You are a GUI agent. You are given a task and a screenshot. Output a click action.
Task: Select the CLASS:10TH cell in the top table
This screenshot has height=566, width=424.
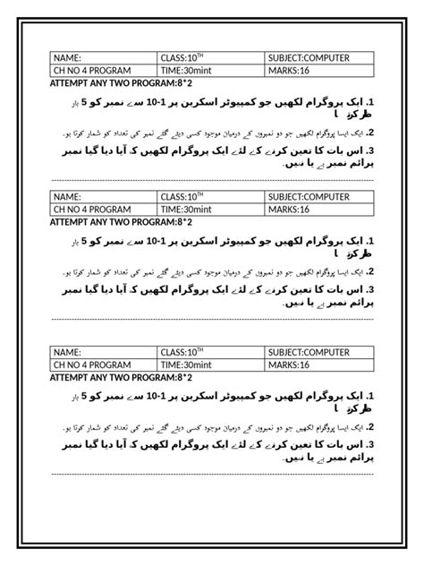(x=210, y=58)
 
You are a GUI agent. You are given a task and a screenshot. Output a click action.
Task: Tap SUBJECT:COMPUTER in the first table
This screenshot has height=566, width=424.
(x=318, y=58)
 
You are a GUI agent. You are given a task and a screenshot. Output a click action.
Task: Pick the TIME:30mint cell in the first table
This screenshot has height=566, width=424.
(x=210, y=71)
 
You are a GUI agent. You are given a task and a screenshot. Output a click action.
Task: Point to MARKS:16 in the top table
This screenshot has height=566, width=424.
(x=318, y=71)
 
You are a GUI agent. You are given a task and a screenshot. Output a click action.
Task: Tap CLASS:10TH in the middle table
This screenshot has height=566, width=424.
(x=210, y=197)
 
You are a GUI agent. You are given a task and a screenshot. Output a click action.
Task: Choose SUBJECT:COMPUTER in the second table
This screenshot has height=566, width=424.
(x=318, y=197)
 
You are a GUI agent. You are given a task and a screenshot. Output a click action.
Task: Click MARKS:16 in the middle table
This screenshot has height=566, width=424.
(x=318, y=210)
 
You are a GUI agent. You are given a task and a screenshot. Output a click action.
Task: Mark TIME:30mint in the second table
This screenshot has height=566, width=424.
(x=210, y=210)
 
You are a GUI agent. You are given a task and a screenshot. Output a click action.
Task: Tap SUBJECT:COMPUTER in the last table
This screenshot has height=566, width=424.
(x=318, y=353)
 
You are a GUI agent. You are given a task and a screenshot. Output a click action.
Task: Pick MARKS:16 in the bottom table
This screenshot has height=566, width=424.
(x=318, y=365)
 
